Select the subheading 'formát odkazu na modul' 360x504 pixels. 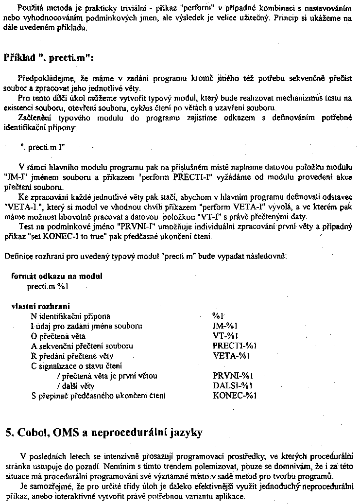(57, 276)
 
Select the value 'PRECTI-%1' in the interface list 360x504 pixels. (234, 346)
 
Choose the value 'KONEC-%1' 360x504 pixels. (234, 396)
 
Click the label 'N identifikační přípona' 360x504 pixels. (70, 315)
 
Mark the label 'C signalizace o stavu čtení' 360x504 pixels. (77, 365)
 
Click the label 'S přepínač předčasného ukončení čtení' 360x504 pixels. (98, 396)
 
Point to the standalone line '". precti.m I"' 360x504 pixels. (43, 145)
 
